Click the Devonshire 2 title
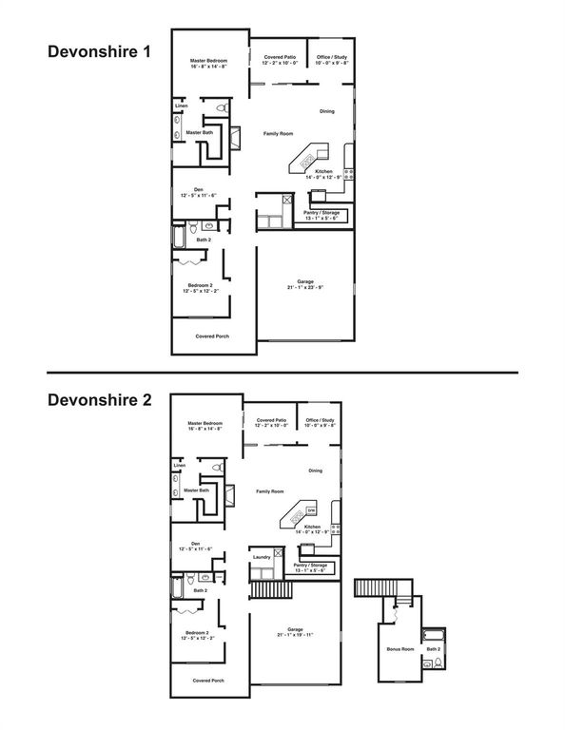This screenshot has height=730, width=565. [100, 400]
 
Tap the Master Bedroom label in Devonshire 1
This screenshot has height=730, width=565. [208, 62]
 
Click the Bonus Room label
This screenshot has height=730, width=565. [400, 649]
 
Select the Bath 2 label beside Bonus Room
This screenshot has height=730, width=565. [434, 648]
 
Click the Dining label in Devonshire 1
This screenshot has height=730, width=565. [326, 111]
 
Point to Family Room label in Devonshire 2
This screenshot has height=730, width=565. [270, 491]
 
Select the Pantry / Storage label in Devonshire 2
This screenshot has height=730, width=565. [309, 568]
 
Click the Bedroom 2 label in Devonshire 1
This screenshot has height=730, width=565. [199, 288]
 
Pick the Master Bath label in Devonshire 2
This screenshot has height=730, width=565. [197, 491]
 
